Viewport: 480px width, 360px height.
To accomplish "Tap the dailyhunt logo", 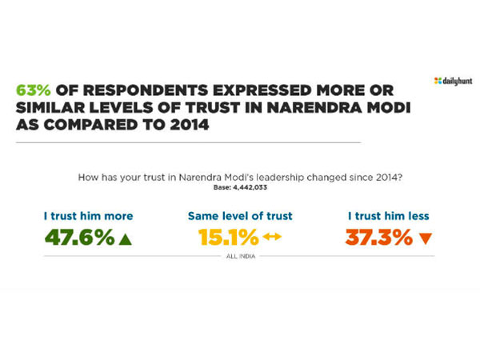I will click(453, 81).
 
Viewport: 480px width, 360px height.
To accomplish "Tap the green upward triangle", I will click(125, 238).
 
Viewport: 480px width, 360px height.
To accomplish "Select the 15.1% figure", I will click(228, 238).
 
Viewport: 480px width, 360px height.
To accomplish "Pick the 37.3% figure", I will click(379, 238).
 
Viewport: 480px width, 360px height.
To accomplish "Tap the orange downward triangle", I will click(425, 238).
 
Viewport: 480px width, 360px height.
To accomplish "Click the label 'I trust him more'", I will click(88, 216).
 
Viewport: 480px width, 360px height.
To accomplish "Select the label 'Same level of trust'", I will click(240, 216).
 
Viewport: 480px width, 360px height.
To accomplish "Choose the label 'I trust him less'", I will click(388, 216).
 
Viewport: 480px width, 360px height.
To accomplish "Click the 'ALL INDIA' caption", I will click(240, 256).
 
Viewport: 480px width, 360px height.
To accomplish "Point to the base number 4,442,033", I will click(251, 186).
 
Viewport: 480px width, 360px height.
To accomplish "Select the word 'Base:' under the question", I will click(222, 186).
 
